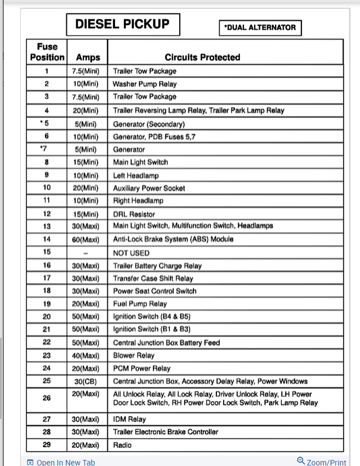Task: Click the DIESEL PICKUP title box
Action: pyautogui.click(x=122, y=24)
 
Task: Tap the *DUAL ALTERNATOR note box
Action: pyautogui.click(x=260, y=28)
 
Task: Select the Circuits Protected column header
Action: pyautogui.click(x=202, y=57)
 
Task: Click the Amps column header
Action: pyautogui.click(x=88, y=57)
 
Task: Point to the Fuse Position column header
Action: pyautogui.click(x=47, y=52)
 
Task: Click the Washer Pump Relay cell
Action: pyautogui.click(x=145, y=84)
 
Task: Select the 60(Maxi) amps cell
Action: pyautogui.click(x=85, y=239)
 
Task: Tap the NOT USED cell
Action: pyautogui.click(x=131, y=253)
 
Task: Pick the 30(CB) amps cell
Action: pyautogui.click(x=85, y=381)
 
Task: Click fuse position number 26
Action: pyautogui.click(x=47, y=398)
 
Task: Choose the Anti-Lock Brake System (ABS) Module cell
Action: pyautogui.click(x=173, y=239)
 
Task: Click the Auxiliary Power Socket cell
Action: pyautogui.click(x=149, y=188)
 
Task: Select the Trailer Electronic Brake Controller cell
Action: pyautogui.click(x=165, y=432)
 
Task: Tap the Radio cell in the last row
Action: pyautogui.click(x=122, y=445)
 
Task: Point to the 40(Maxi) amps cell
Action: pyautogui.click(x=85, y=355)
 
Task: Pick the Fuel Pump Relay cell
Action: pyautogui.click(x=140, y=304)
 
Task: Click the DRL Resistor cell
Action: pyautogui.click(x=134, y=214)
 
